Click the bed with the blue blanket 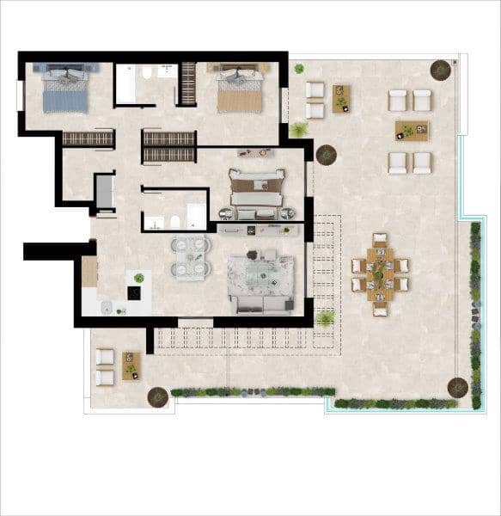coord(65,91)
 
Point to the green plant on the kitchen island coord(138,278)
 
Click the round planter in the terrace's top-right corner coord(441,69)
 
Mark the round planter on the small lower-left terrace coord(157,397)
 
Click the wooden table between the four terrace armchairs coord(411,131)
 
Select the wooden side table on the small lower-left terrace coord(131,365)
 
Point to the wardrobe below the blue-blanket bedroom coord(89,138)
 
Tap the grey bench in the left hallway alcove coord(104,193)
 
